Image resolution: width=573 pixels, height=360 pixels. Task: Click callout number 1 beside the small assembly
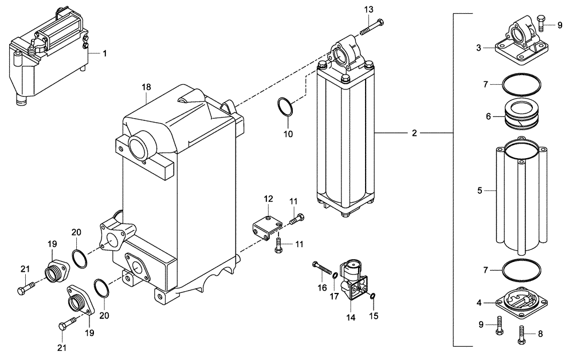click(x=105, y=53)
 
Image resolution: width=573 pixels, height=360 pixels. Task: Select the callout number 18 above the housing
click(x=147, y=87)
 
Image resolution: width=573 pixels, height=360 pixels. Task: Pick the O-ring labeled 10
click(x=285, y=107)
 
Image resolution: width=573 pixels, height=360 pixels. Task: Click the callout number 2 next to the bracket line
click(x=414, y=134)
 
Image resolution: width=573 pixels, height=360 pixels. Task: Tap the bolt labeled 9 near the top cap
click(x=542, y=21)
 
